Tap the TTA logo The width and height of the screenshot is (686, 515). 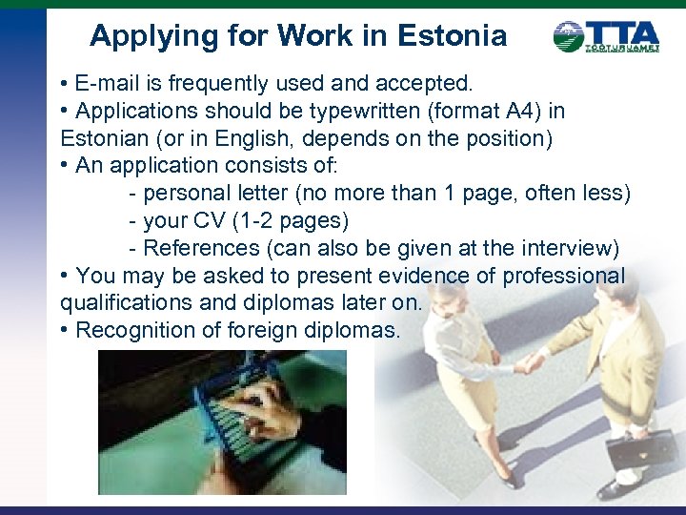pos(606,37)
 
